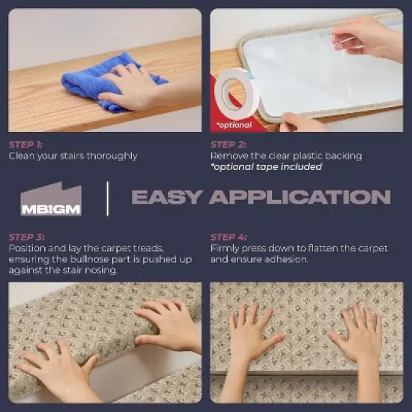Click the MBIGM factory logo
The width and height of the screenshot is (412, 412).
[x=51, y=199]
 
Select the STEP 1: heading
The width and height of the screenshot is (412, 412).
[x=25, y=145]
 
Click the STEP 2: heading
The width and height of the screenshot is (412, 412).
[x=228, y=145]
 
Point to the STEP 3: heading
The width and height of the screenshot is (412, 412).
[x=26, y=237]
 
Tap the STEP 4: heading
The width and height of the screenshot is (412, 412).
[x=228, y=237]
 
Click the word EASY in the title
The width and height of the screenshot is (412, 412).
[x=167, y=197]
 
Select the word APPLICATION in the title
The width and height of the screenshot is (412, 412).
[x=300, y=197]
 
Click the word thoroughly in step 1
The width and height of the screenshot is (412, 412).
[x=112, y=156]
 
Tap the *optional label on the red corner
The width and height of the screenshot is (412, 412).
[x=234, y=125]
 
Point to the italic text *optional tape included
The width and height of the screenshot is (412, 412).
[x=266, y=167]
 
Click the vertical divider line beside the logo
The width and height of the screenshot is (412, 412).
[x=107, y=199]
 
